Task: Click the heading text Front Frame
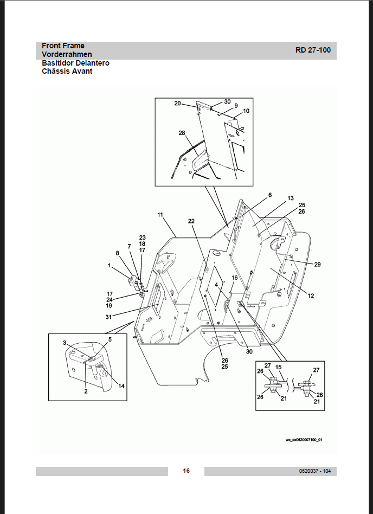point(63,46)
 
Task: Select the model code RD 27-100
point(313,50)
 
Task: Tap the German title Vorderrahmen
point(67,55)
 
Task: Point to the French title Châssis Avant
point(67,71)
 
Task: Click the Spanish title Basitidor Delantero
point(75,63)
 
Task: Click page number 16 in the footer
point(186,471)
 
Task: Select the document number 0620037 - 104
point(314,471)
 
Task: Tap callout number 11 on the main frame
point(160,215)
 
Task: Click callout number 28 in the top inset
point(182,133)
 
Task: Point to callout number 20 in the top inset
point(177,103)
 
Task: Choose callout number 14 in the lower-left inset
point(121,386)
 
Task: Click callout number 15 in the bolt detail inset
point(278,367)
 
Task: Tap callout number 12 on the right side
point(311,296)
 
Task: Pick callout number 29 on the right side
point(317,264)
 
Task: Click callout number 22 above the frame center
point(191,221)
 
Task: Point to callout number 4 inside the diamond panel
point(216,284)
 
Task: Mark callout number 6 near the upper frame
point(269,195)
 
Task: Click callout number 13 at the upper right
point(291,198)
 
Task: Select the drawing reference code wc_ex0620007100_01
point(304,440)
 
